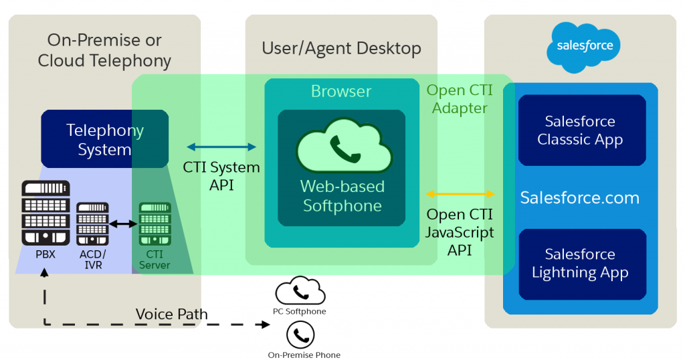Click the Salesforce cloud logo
click(580, 47)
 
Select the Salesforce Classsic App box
click(581, 130)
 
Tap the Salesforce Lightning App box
click(581, 264)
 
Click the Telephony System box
click(104, 139)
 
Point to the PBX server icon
click(45, 212)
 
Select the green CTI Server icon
click(155, 223)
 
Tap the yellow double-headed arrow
click(461, 194)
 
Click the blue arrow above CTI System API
click(221, 147)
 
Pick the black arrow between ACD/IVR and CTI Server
click(123, 223)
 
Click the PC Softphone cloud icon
click(300, 292)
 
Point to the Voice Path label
click(171, 314)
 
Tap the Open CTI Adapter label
click(460, 99)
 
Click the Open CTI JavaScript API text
click(460, 232)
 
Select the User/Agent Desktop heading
click(341, 48)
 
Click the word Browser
click(341, 91)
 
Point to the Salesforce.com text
click(580, 197)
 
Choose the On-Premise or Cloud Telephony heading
click(104, 50)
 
